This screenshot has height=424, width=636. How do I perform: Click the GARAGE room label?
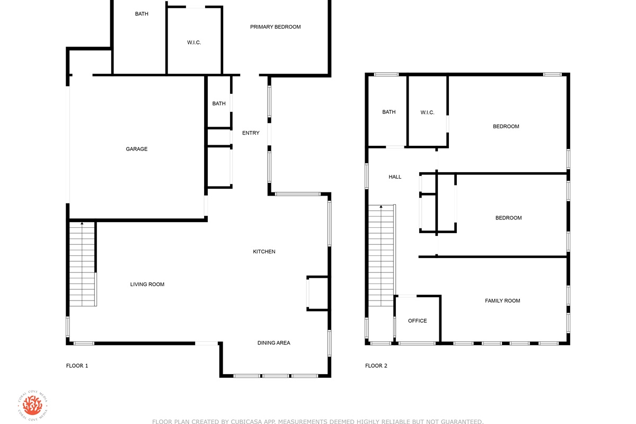tap(137, 149)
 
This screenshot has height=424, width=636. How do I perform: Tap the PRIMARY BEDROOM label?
tap(275, 27)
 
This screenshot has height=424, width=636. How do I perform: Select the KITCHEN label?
tap(264, 251)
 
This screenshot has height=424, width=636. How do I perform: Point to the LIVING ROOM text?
tap(147, 284)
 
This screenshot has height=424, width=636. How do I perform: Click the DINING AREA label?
tap(273, 343)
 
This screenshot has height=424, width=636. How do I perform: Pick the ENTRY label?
tap(251, 133)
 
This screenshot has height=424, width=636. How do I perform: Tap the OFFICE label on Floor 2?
tap(418, 321)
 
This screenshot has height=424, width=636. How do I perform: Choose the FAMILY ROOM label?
tap(502, 301)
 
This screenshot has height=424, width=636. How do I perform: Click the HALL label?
tap(395, 177)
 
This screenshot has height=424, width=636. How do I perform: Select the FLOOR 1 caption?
tap(77, 366)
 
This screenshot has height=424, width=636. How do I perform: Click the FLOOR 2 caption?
tap(376, 366)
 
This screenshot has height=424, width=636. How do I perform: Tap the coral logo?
tap(32, 405)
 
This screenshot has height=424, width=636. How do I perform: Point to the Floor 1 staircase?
tap(82, 264)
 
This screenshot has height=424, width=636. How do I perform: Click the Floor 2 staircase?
tap(381, 255)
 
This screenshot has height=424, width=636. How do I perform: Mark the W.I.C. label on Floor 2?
tap(427, 112)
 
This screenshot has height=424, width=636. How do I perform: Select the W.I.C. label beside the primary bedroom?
tap(194, 42)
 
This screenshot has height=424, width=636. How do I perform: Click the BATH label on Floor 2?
tap(388, 112)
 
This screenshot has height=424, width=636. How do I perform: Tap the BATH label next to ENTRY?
tap(219, 104)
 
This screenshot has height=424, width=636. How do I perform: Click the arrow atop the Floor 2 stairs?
tap(381, 207)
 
